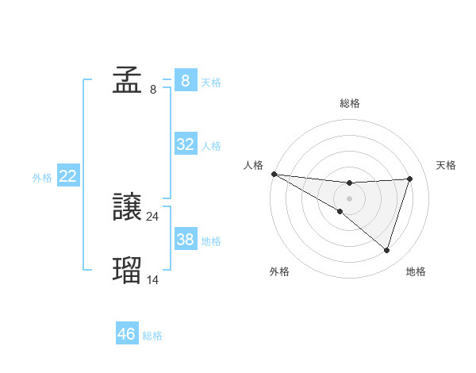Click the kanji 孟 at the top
(x=127, y=80)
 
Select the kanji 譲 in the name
(x=127, y=208)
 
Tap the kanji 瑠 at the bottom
(x=127, y=270)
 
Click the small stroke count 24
(x=153, y=216)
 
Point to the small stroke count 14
(x=153, y=279)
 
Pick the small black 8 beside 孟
(x=153, y=89)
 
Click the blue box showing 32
(x=186, y=144)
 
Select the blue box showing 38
(x=186, y=240)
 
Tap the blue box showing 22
(x=68, y=176)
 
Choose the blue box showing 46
(x=127, y=334)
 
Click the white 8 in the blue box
(x=186, y=80)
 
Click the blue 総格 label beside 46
(x=152, y=336)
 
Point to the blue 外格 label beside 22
(x=42, y=178)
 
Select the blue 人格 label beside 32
(x=211, y=146)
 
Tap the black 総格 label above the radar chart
(x=350, y=103)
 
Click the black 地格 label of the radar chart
(x=416, y=271)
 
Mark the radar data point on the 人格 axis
(x=274, y=173)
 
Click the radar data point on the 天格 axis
(x=410, y=179)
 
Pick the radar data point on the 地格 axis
(x=386, y=250)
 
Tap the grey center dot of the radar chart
(x=349, y=198)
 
